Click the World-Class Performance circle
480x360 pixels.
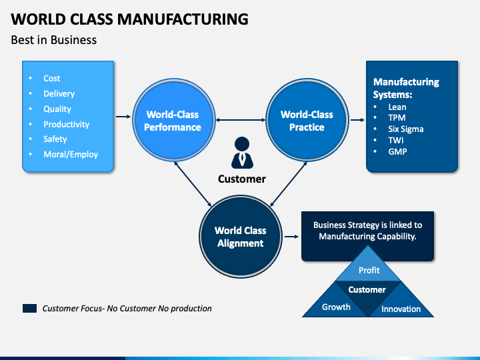(x=173, y=120)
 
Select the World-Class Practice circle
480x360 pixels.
(x=307, y=120)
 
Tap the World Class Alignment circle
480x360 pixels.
(x=240, y=237)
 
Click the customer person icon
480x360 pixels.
(x=242, y=153)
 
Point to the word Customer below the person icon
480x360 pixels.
(x=242, y=179)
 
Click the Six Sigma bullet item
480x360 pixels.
(x=406, y=129)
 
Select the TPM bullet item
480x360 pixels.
(x=397, y=118)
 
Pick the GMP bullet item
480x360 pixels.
(x=397, y=151)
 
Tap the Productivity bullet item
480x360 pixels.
(x=67, y=124)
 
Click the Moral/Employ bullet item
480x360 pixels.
(x=71, y=154)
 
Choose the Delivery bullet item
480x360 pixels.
(x=59, y=94)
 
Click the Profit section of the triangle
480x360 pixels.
(x=368, y=267)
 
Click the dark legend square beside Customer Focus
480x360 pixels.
(x=30, y=308)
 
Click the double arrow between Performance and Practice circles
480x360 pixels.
(x=240, y=120)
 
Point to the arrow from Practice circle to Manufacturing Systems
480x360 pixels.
(x=357, y=120)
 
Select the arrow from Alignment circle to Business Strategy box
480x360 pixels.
(x=291, y=237)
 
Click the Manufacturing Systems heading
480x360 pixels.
(x=406, y=88)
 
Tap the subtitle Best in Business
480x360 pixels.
(x=54, y=40)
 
